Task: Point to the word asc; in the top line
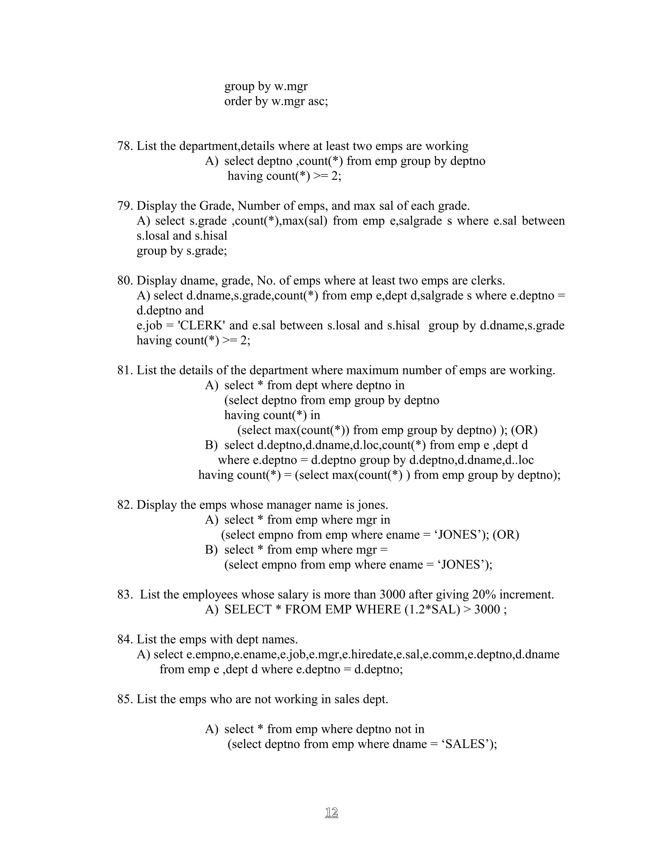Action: (318, 102)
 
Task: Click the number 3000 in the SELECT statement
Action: (487, 610)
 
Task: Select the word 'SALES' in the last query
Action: (468, 744)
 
